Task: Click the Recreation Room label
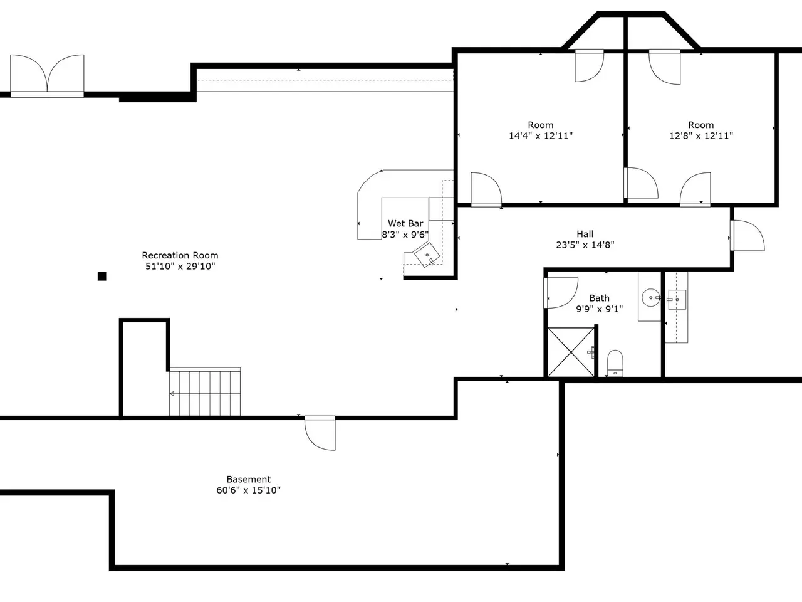click(x=180, y=255)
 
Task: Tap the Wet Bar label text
click(x=405, y=223)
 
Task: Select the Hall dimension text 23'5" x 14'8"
click(x=585, y=245)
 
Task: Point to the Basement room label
click(x=249, y=479)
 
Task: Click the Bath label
click(x=599, y=298)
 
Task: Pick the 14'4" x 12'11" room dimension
click(x=540, y=136)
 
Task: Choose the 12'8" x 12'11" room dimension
click(x=700, y=136)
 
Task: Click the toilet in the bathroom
click(x=615, y=363)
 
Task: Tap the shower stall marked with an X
click(x=571, y=352)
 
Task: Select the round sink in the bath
click(x=651, y=297)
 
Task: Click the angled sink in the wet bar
click(x=427, y=255)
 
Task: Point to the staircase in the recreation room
click(x=205, y=392)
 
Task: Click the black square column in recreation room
click(x=102, y=277)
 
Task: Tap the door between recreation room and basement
click(x=320, y=433)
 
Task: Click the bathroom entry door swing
click(x=561, y=292)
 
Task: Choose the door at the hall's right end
click(x=747, y=236)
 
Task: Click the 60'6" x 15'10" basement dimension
click(x=249, y=490)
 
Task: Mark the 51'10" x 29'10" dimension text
click(x=180, y=266)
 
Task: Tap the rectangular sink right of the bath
click(x=677, y=300)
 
